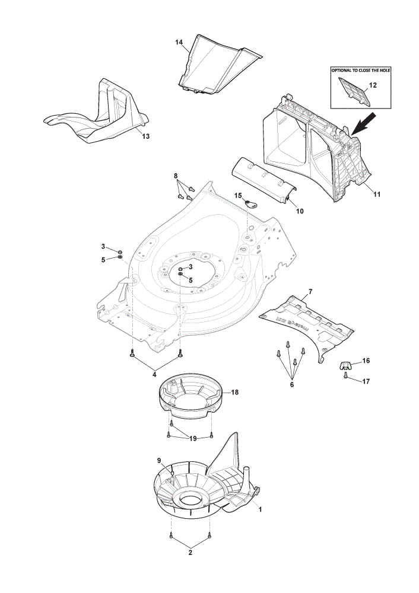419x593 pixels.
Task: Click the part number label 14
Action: click(x=179, y=42)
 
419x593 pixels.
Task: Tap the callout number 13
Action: click(x=146, y=136)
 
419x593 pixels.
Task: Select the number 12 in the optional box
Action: click(x=373, y=85)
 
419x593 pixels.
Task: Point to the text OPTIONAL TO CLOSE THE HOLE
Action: click(x=361, y=71)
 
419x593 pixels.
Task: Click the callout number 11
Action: click(x=377, y=195)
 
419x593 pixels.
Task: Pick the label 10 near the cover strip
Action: click(x=300, y=212)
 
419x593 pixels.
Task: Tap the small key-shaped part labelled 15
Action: click(x=250, y=204)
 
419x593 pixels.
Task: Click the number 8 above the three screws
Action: click(x=176, y=176)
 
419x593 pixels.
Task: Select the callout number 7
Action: click(x=310, y=292)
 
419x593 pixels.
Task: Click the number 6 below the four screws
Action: click(x=292, y=385)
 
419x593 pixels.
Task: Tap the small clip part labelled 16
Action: click(x=344, y=365)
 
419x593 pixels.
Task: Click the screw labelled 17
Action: click(x=345, y=375)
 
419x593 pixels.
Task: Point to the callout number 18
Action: click(x=234, y=392)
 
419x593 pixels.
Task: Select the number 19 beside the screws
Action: click(x=193, y=439)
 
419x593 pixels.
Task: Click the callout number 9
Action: click(x=160, y=460)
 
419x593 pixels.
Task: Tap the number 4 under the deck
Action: click(x=154, y=374)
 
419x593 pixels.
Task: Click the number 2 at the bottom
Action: click(x=191, y=553)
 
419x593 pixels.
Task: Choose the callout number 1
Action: click(x=260, y=509)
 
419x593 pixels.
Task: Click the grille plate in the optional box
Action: click(x=354, y=91)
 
